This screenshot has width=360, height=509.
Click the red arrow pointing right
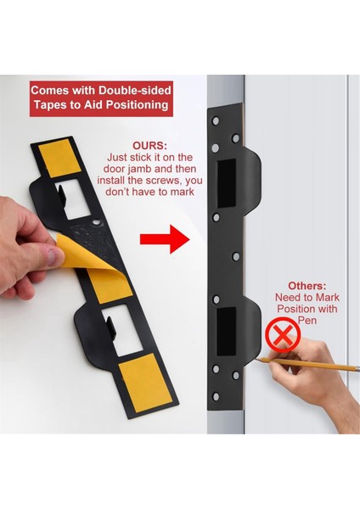pyautogui.click(x=165, y=239)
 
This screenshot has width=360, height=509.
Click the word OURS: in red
pyautogui.click(x=149, y=146)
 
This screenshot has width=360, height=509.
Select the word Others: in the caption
pyautogui.click(x=307, y=286)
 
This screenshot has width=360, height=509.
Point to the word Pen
pyautogui.click(x=307, y=321)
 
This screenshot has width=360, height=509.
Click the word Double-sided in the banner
pyautogui.click(x=135, y=90)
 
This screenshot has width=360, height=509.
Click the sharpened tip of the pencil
pyautogui.click(x=256, y=359)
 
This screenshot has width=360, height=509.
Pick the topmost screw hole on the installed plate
pyautogui.click(x=216, y=121)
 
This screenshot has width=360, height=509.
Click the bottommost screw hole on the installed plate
pyautogui.click(x=216, y=396)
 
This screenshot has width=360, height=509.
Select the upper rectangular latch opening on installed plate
pyautogui.click(x=227, y=183)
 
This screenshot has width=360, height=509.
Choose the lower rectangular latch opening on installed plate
pyautogui.click(x=226, y=332)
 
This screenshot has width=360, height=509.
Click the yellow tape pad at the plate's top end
pyautogui.click(x=59, y=158)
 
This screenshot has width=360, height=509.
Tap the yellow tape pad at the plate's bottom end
pyautogui.click(x=145, y=383)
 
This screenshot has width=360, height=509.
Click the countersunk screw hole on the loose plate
pyautogui.click(x=96, y=222)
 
